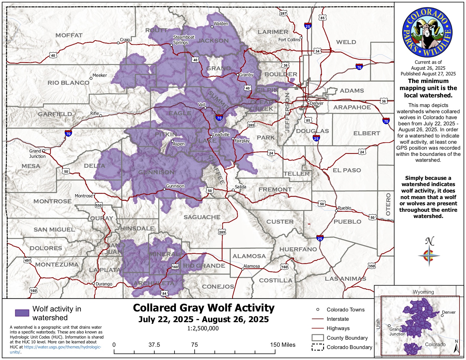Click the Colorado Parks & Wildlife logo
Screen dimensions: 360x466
point(427,32)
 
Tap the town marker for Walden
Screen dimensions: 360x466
point(212,27)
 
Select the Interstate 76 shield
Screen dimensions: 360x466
point(359,67)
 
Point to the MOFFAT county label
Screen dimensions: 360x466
point(69,35)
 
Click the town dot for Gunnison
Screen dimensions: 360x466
point(164,189)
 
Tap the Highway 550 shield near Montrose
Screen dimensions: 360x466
point(98,205)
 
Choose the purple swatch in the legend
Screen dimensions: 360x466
point(22,313)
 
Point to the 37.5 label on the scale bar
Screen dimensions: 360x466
point(154,345)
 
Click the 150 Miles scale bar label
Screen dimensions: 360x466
point(282,345)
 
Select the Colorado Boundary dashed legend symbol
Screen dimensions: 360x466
point(317,347)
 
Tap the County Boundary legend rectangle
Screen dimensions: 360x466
point(317,338)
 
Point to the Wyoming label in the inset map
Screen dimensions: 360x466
point(423,292)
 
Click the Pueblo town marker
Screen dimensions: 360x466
point(336,211)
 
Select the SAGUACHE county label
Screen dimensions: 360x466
point(202,217)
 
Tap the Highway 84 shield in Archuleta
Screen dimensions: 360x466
point(164,293)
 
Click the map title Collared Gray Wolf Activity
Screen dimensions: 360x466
point(204,308)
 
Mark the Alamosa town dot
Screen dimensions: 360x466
point(243,269)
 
